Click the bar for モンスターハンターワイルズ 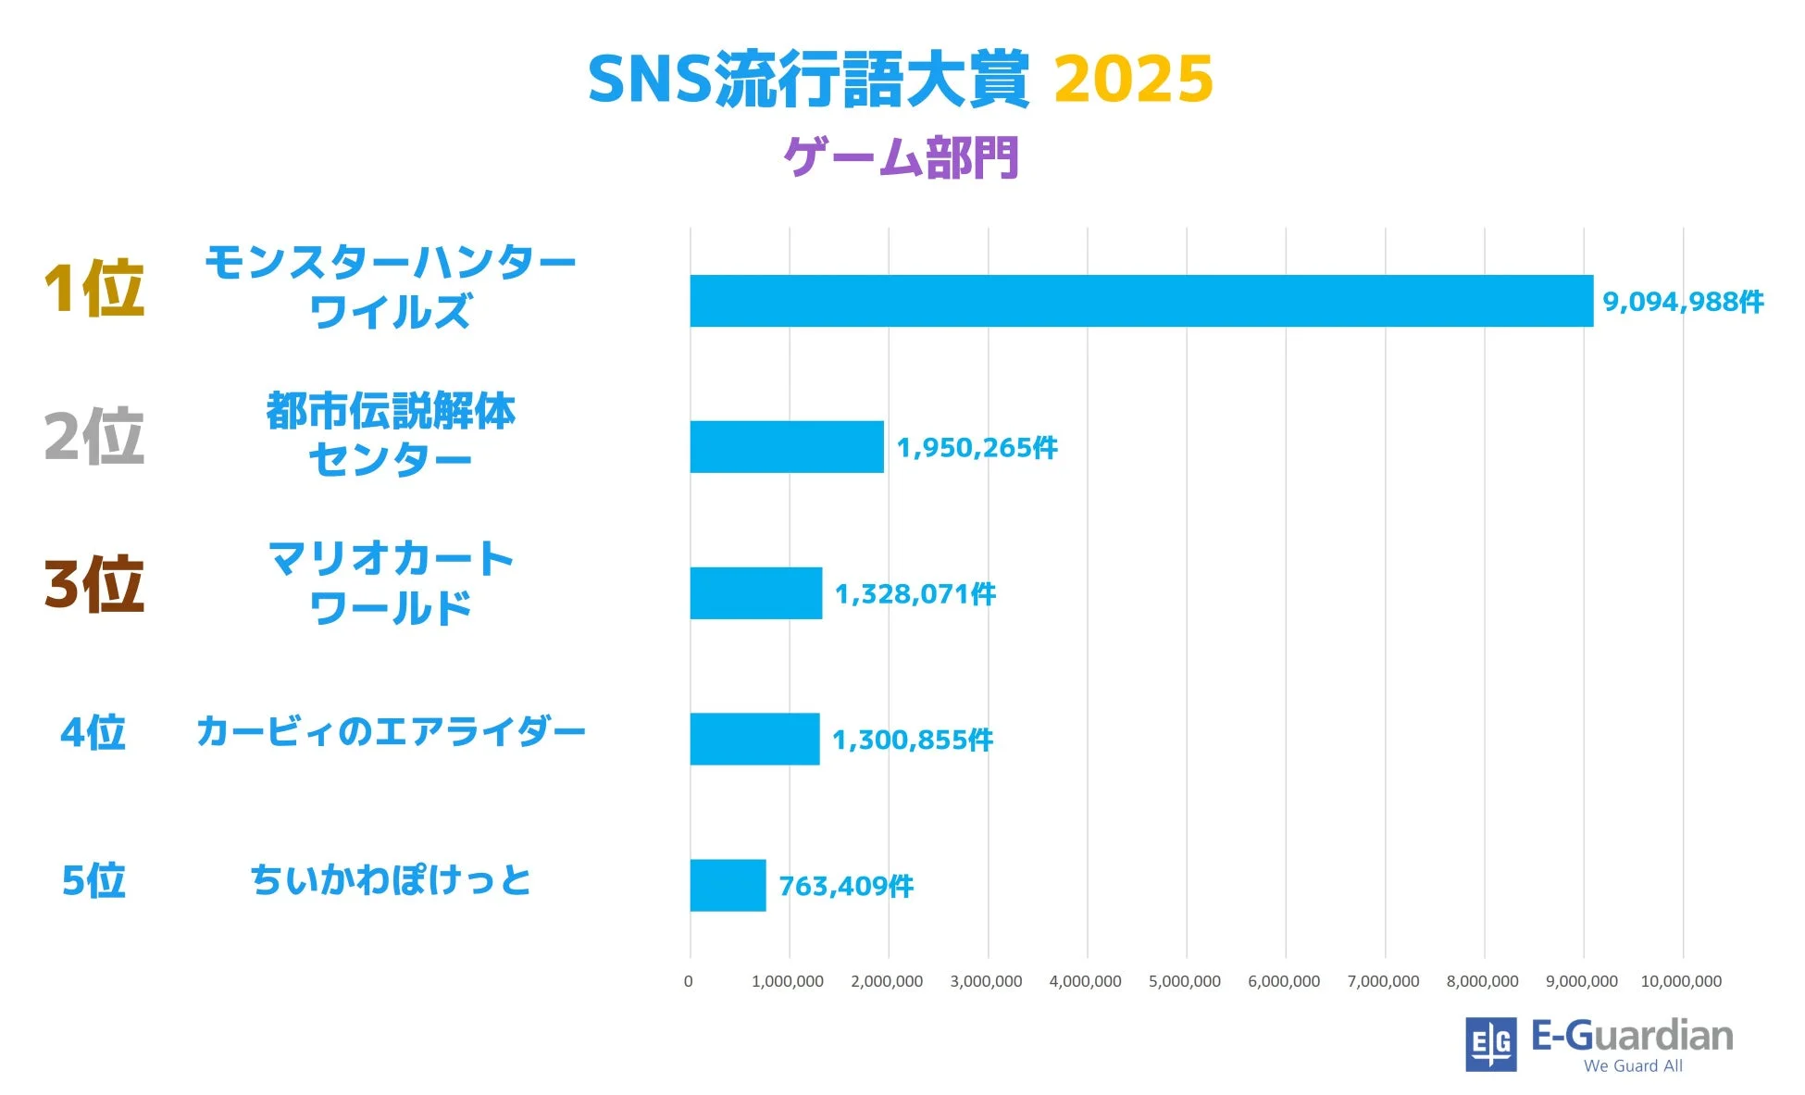[1140, 301]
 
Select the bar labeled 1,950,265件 [787, 447]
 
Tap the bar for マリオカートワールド [755, 593]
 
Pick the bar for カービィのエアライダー [754, 739]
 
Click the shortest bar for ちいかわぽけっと [728, 885]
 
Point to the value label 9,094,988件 [1682, 302]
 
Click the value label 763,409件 [845, 886]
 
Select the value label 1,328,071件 [915, 594]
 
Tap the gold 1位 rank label [94, 289]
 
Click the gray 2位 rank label [94, 436]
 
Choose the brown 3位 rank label [94, 584]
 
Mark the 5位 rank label [93, 880]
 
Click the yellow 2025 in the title [1133, 79]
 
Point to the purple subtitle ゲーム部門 [901, 157]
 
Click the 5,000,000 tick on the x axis [1185, 981]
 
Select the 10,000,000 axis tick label [1681, 981]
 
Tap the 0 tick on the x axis [688, 981]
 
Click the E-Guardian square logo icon [1490, 1044]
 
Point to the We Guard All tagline [1633, 1065]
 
